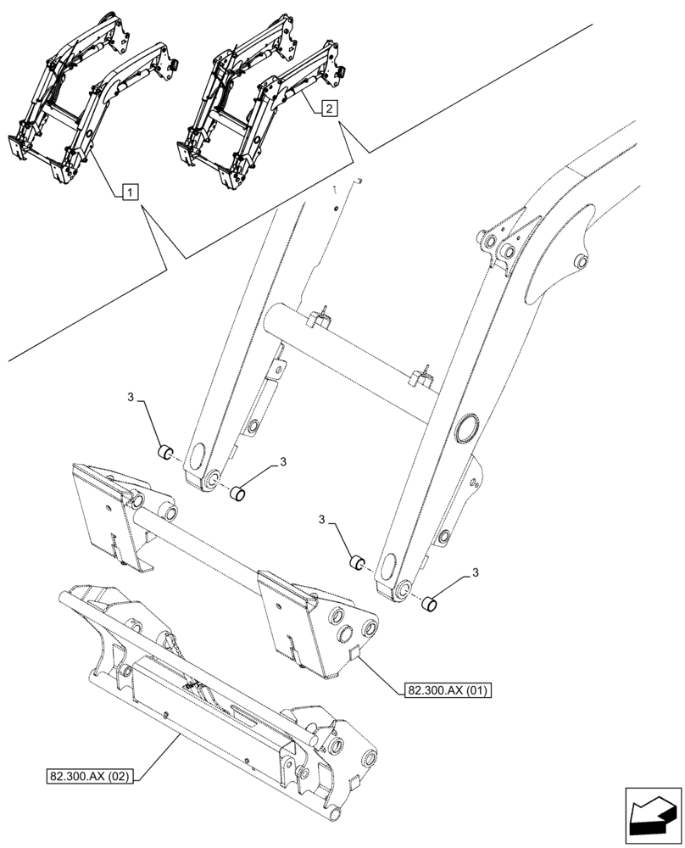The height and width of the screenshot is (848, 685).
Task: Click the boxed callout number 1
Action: [x=127, y=193]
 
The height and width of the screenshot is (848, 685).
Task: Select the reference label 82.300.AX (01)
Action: [x=443, y=690]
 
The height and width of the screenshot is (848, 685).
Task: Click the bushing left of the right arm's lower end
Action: [x=358, y=561]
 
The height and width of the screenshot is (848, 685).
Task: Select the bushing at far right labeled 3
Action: [x=431, y=604]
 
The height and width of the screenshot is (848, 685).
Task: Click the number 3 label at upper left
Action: [x=131, y=399]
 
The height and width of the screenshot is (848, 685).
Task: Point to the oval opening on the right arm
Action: [x=465, y=429]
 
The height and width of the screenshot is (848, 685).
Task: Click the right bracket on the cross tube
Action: [x=423, y=375]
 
